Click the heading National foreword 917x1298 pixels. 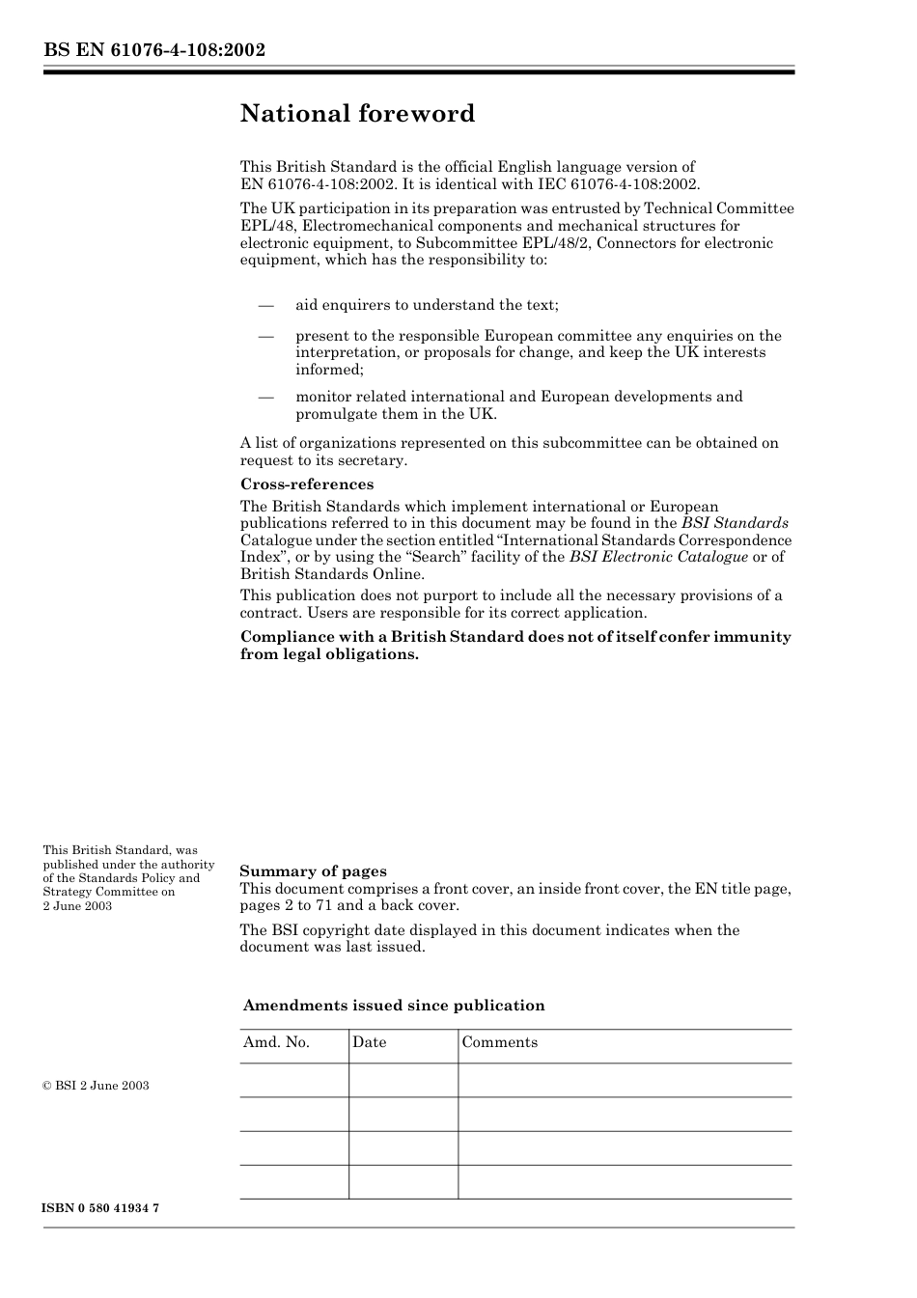(x=357, y=114)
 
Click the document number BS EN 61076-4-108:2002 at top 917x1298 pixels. (x=153, y=50)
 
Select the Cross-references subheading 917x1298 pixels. (x=306, y=484)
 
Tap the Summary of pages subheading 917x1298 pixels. (x=313, y=871)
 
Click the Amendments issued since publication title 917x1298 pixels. (x=394, y=1006)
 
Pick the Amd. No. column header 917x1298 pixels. (x=276, y=1042)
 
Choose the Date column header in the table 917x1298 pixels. (x=369, y=1042)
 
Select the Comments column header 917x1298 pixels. (x=499, y=1042)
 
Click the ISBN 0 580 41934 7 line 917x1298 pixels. (x=101, y=1208)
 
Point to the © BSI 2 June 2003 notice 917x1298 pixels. (x=96, y=1086)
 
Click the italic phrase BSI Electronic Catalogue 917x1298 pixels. (x=658, y=557)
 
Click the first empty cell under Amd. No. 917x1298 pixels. (x=293, y=1080)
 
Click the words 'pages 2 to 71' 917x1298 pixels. (x=286, y=905)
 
